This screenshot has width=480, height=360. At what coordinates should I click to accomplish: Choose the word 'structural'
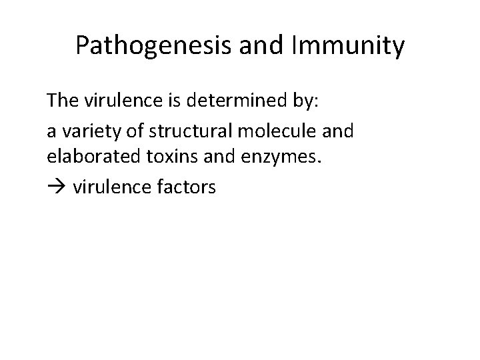[x=176, y=131]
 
